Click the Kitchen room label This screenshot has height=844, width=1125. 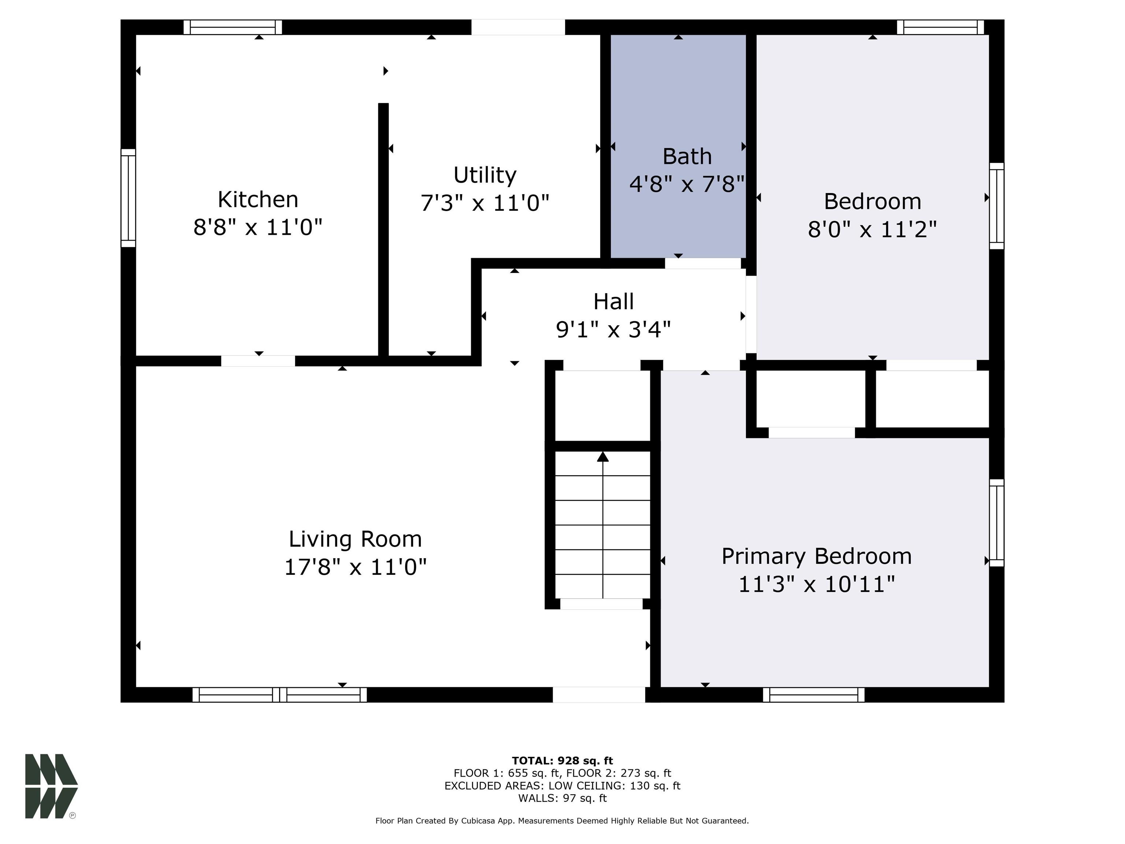click(x=258, y=199)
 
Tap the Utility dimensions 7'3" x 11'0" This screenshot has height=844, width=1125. click(x=485, y=203)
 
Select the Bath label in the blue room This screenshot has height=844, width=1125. click(x=687, y=156)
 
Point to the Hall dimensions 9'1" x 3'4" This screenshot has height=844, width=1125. click(x=613, y=330)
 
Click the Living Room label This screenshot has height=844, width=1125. click(x=355, y=539)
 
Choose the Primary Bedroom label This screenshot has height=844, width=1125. click(x=816, y=556)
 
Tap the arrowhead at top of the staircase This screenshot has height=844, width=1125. click(x=603, y=456)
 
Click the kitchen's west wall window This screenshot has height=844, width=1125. click(x=128, y=199)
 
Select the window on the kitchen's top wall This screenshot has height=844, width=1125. click(x=233, y=27)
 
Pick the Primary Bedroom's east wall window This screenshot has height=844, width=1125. click(x=997, y=522)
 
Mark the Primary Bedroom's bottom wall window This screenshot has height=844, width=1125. click(x=813, y=695)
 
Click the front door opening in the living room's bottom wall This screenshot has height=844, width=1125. click(x=599, y=695)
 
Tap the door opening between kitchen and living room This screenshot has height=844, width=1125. click(x=258, y=361)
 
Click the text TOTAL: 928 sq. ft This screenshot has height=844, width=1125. click(x=562, y=760)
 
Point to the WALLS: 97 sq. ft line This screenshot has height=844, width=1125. click(x=562, y=798)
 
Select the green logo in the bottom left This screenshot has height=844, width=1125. click(x=51, y=786)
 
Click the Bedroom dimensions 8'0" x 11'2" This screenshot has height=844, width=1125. click(x=872, y=229)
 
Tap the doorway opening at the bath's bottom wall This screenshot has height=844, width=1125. click(x=703, y=263)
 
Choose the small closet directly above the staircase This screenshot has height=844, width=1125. click(x=602, y=406)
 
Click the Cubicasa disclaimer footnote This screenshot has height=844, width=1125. click(x=562, y=821)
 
